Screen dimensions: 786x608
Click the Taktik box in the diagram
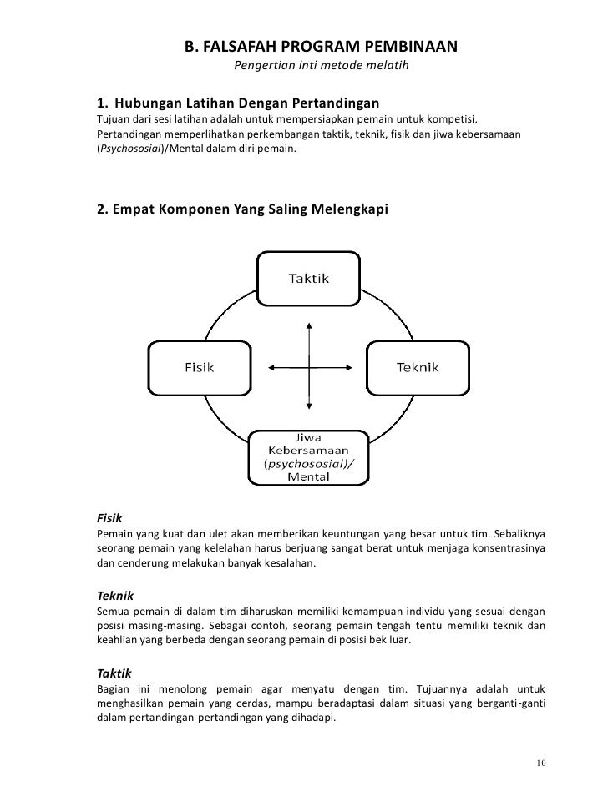pyautogui.click(x=309, y=279)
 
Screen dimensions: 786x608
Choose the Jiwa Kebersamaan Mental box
pyautogui.click(x=309, y=457)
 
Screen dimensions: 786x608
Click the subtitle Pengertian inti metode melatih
pyautogui.click(x=321, y=66)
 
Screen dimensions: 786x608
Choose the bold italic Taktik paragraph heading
pyautogui.click(x=113, y=672)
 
